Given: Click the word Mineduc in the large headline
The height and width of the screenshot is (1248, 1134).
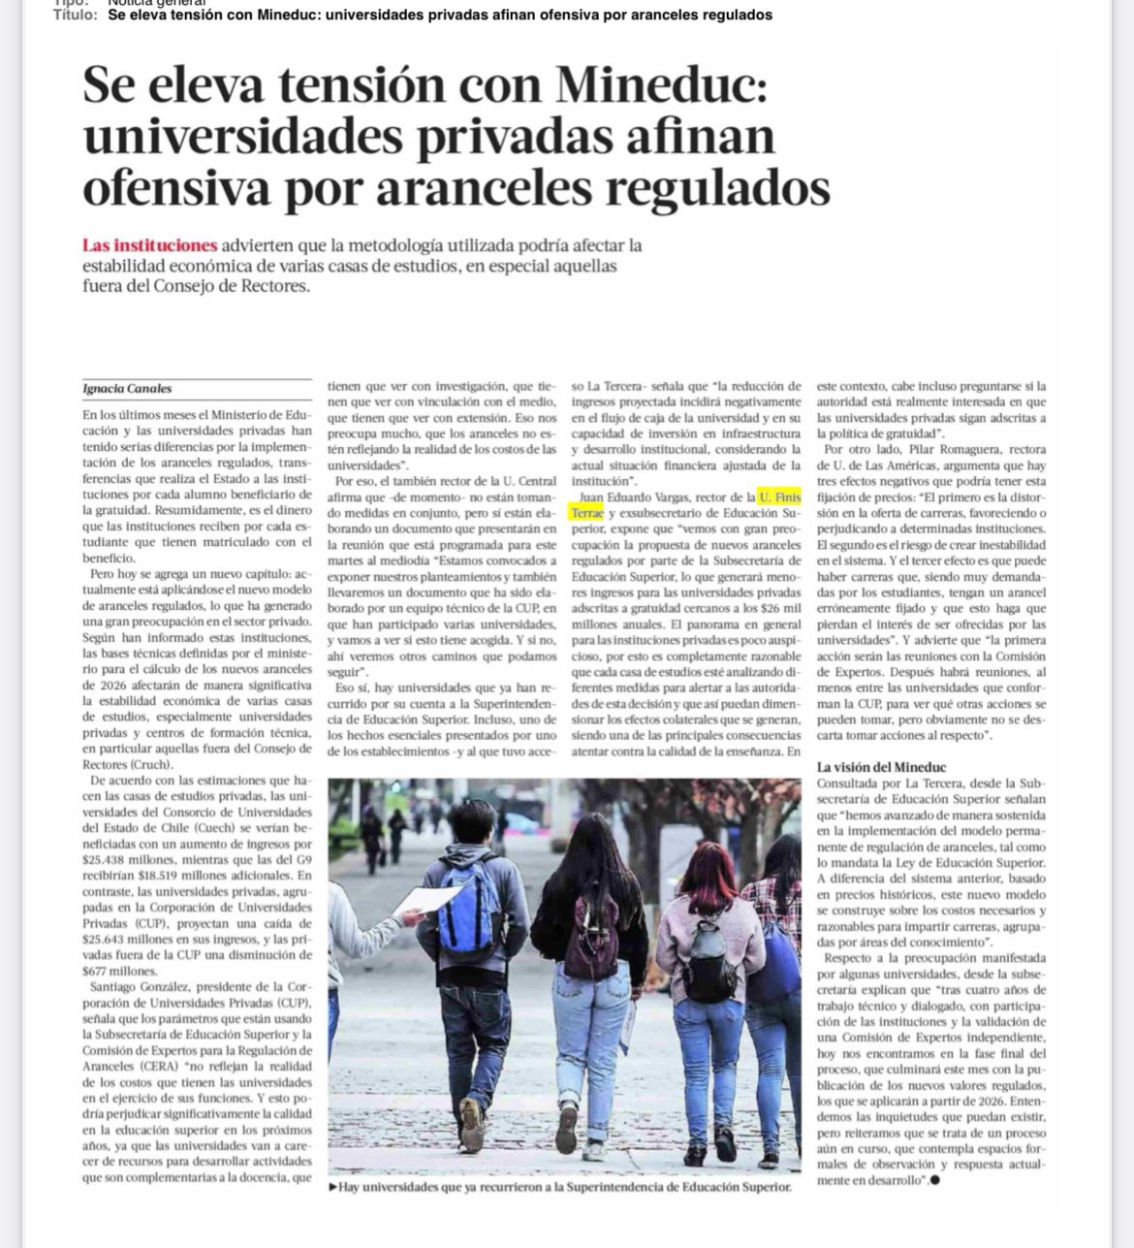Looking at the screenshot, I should pyautogui.click(x=662, y=85).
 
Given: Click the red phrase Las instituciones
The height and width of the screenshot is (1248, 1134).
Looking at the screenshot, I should pyautogui.click(x=149, y=245).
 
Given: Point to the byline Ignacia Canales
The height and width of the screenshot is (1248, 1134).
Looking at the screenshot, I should pyautogui.click(x=127, y=389).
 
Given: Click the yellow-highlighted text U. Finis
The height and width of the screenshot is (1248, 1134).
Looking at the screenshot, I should pyautogui.click(x=779, y=497).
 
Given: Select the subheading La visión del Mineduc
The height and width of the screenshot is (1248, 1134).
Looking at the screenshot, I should pyautogui.click(x=881, y=767).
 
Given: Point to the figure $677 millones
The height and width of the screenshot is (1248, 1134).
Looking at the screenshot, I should pyautogui.click(x=120, y=971).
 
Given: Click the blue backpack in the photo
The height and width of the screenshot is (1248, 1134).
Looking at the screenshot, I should pyautogui.click(x=471, y=912).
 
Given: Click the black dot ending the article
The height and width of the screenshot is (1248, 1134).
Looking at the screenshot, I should pyautogui.click(x=934, y=1180).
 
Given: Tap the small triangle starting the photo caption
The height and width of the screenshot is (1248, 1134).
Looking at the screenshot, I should pyautogui.click(x=333, y=1186).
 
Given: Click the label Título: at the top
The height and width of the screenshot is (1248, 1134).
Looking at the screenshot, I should pyautogui.click(x=75, y=15).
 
